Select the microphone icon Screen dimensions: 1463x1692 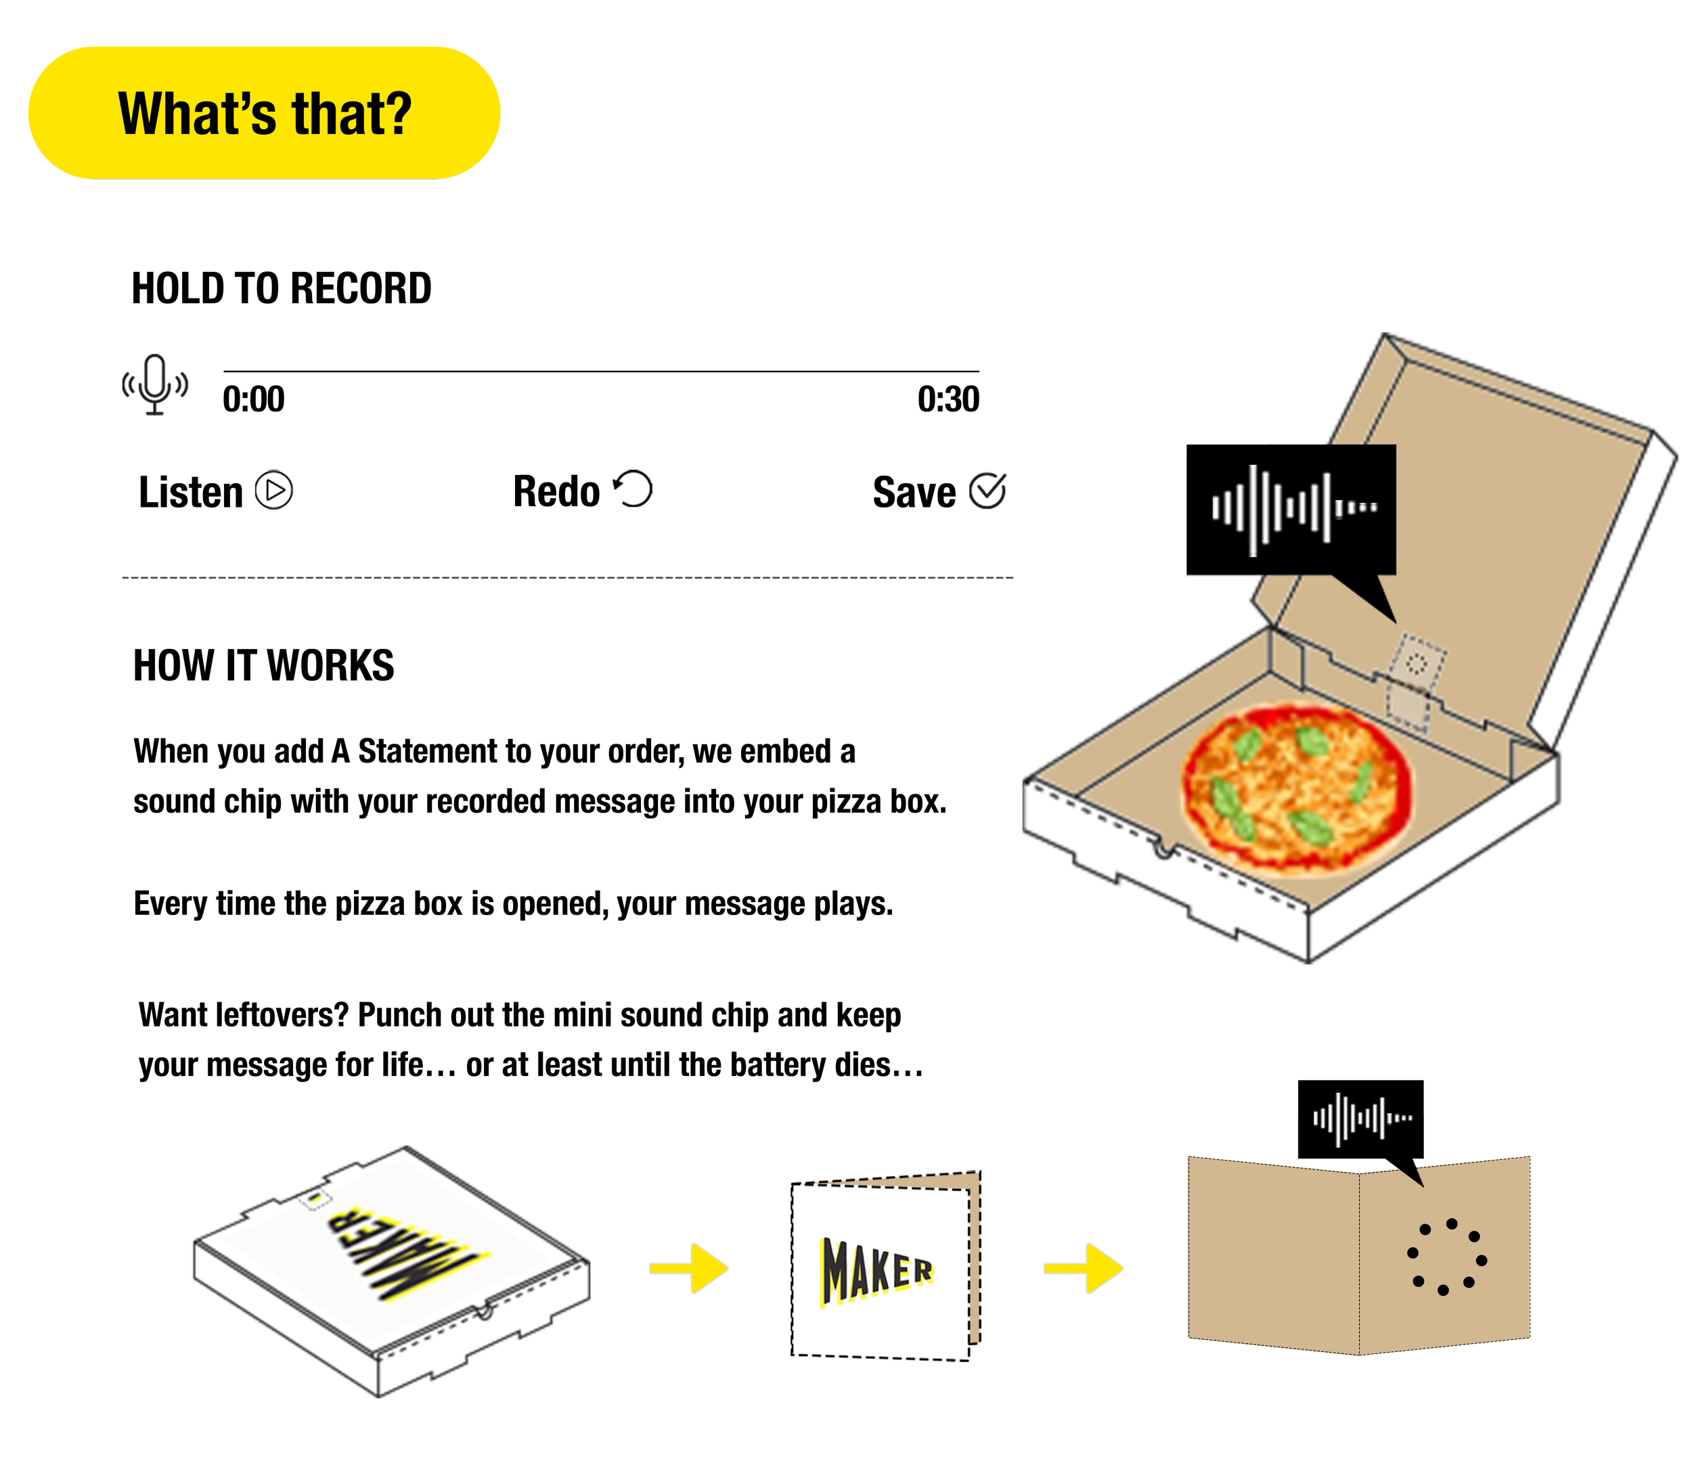pyautogui.click(x=155, y=384)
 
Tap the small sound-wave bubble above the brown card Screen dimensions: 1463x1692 pyautogui.click(x=1360, y=1118)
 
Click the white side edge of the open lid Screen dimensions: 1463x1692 pyautogui.click(x=1601, y=588)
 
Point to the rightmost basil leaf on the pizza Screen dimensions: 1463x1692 pyautogui.click(x=1361, y=782)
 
